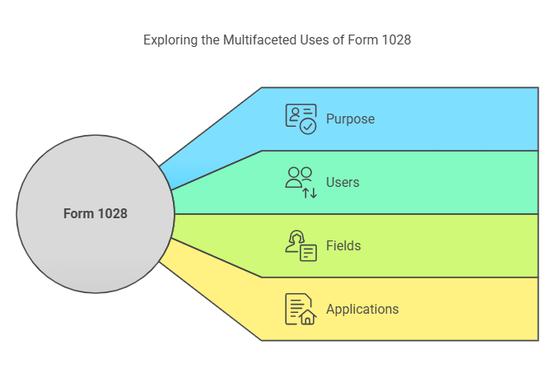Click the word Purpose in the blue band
coord(350,119)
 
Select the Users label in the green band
coord(343,182)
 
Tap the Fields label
coord(343,245)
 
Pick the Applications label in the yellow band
coord(362,309)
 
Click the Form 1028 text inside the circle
coord(96,213)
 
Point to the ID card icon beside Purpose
coord(301,119)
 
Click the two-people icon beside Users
coord(301,182)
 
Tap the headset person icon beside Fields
coord(301,245)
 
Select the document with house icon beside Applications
coord(301,309)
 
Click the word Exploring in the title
coord(170,40)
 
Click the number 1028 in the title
coord(395,40)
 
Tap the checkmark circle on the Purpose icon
coord(308,126)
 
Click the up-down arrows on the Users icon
coord(310,192)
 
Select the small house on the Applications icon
coord(308,317)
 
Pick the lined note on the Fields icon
coord(308,253)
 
